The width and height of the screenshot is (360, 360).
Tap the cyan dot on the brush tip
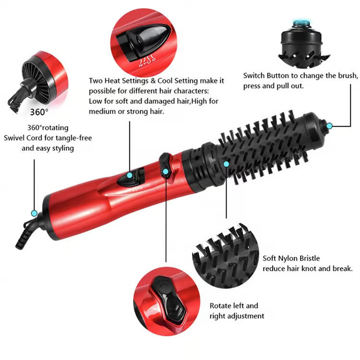(329, 126)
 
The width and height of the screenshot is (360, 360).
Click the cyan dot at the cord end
(34, 213)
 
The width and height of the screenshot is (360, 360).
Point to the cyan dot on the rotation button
(165, 171)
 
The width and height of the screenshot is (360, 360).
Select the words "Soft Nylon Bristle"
(291, 258)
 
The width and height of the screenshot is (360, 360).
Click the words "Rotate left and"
(234, 305)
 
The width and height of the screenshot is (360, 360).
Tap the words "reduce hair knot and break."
(308, 268)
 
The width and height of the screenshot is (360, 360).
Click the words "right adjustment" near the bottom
(237, 316)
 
